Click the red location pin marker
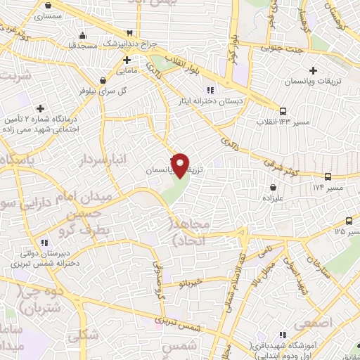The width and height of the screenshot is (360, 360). click(x=181, y=166)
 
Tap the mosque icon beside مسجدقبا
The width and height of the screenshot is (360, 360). click(x=84, y=37)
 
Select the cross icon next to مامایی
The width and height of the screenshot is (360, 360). click(x=126, y=60)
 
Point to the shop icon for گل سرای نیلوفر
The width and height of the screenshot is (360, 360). click(x=104, y=80)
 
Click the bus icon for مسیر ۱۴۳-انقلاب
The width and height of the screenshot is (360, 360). click(x=283, y=111)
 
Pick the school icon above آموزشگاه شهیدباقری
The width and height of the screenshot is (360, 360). click(x=282, y=335)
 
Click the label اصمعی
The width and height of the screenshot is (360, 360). click(x=312, y=325)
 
